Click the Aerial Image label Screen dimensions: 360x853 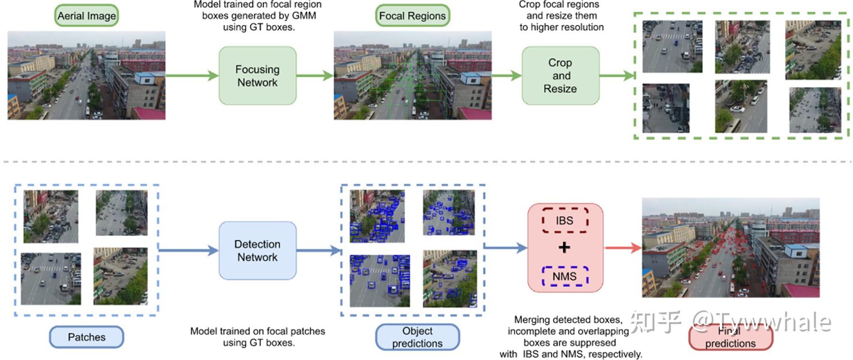point(87,16)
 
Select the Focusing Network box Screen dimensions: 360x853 point(257,76)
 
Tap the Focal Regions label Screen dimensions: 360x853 point(412,16)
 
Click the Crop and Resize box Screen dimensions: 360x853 point(560,76)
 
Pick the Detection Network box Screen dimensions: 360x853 point(257,251)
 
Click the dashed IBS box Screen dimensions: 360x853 point(565,220)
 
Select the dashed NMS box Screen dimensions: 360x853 point(565,276)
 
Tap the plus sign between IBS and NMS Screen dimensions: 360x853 point(564,247)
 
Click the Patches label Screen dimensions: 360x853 point(87,337)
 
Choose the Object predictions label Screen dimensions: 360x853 point(417,337)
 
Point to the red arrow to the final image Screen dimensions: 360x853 point(622,247)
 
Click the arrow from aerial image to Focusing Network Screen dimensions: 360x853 point(191,75)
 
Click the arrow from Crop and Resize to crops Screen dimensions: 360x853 point(617,75)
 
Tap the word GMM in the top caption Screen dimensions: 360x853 point(304,16)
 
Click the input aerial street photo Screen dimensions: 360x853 point(87,75)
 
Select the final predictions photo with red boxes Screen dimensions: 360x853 point(730,247)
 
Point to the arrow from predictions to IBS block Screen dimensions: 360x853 point(505,247)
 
